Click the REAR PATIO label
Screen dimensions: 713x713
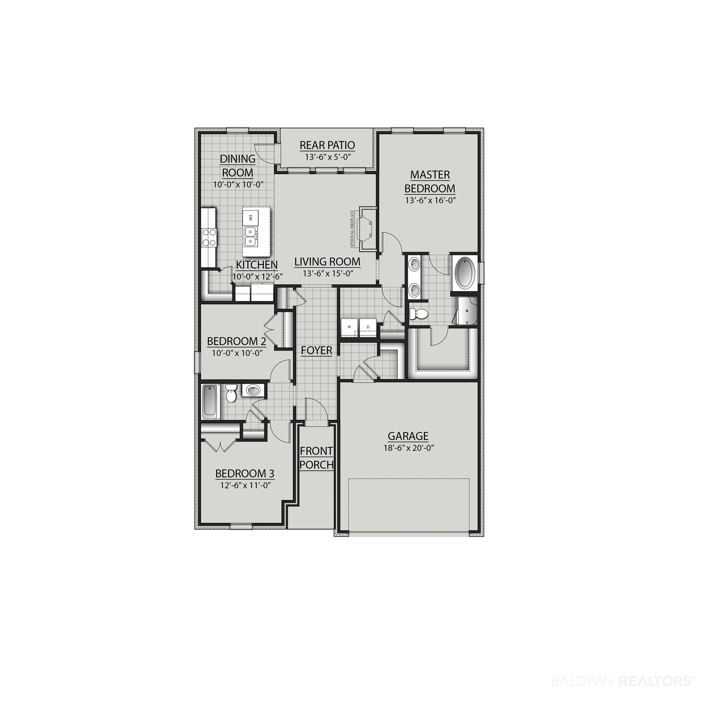pyautogui.click(x=327, y=145)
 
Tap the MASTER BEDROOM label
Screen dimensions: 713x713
pyautogui.click(x=430, y=181)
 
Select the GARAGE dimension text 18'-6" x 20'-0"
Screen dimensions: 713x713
pyautogui.click(x=408, y=448)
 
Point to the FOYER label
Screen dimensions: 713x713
pyautogui.click(x=317, y=350)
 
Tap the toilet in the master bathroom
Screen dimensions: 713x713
pyautogui.click(x=418, y=314)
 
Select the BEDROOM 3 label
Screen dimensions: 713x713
pyautogui.click(x=245, y=473)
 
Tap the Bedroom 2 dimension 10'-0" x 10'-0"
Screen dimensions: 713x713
pyautogui.click(x=237, y=353)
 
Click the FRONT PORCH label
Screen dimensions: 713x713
pyautogui.click(x=317, y=458)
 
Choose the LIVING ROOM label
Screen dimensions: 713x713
pyautogui.click(x=327, y=262)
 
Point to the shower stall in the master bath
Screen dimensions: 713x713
pyautogui.click(x=467, y=311)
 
